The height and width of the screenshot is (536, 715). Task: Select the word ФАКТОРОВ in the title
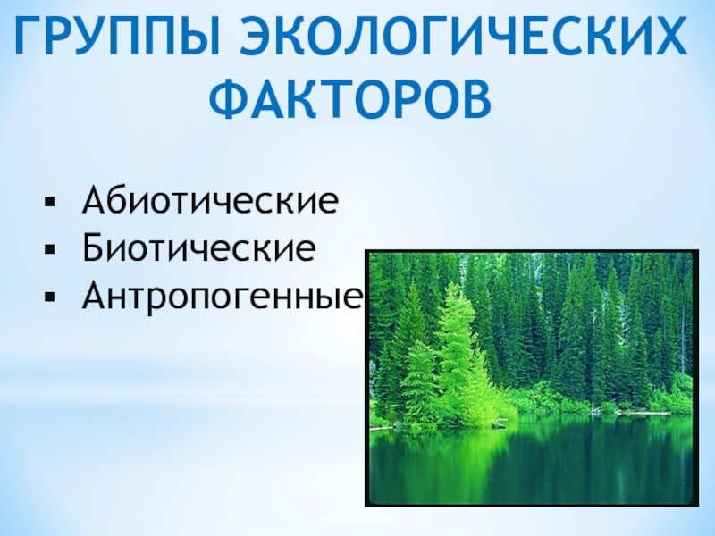point(350,99)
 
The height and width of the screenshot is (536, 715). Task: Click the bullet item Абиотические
point(210,199)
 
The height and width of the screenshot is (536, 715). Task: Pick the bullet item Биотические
point(198,248)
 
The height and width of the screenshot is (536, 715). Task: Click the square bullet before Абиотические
point(50,202)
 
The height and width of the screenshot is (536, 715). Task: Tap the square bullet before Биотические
point(50,250)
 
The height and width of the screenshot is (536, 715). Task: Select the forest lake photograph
point(532,378)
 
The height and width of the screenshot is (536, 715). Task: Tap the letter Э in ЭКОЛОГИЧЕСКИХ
point(257,36)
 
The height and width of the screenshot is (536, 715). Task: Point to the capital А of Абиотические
point(97,199)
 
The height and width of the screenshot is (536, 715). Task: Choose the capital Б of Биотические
point(94,248)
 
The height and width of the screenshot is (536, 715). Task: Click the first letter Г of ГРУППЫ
point(29,36)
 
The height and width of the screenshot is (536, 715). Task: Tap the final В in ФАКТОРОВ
point(476,99)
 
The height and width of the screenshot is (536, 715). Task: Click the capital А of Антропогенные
point(97,297)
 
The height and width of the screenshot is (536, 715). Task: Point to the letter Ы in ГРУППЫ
point(199,36)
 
